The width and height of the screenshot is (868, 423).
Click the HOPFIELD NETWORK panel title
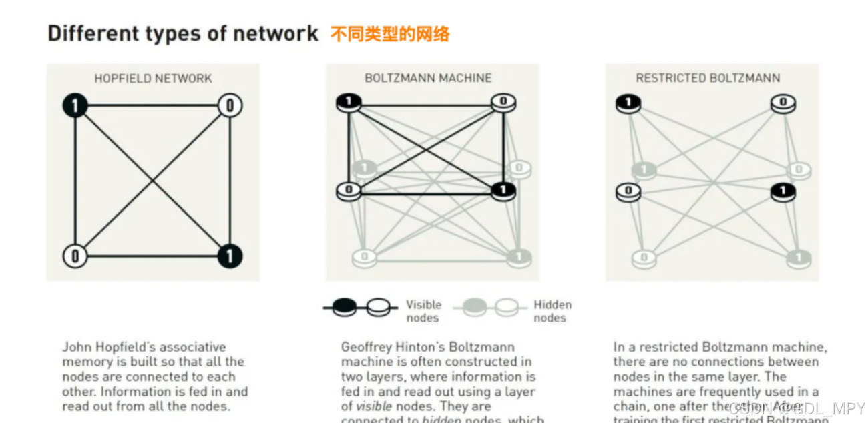(x=153, y=79)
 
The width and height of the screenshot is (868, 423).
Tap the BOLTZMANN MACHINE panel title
(x=428, y=79)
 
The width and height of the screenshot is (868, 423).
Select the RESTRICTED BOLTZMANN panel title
(x=708, y=79)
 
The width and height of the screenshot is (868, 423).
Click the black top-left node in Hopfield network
(x=75, y=105)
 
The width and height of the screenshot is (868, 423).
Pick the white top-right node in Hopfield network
(x=230, y=105)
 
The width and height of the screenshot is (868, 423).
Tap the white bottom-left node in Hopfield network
(x=75, y=256)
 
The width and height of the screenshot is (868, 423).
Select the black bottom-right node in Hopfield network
(x=230, y=256)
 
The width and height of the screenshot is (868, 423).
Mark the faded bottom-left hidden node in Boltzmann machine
(x=365, y=257)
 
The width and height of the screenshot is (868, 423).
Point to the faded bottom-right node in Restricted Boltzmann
(x=799, y=257)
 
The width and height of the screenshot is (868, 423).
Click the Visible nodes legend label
(x=423, y=311)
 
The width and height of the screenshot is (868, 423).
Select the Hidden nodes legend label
(x=552, y=311)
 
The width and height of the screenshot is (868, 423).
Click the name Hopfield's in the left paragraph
(x=124, y=347)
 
